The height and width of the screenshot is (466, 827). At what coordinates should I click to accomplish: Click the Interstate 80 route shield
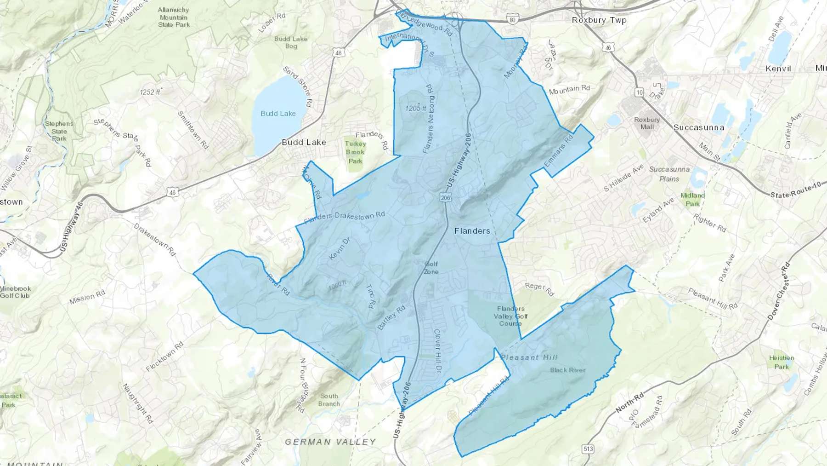point(513,19)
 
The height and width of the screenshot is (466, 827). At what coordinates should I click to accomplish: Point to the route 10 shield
point(639,92)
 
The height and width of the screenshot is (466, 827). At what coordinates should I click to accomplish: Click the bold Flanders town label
point(472,231)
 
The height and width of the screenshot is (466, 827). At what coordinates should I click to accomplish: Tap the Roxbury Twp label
point(599,20)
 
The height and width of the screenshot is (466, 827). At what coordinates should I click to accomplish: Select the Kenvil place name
point(778,69)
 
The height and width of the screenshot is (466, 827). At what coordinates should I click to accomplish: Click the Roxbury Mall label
point(647,123)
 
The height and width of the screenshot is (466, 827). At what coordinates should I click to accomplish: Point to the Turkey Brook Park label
point(355,152)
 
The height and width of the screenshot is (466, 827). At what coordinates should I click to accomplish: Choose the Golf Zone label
point(431,268)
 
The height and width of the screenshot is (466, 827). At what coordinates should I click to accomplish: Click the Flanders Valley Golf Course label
point(510,316)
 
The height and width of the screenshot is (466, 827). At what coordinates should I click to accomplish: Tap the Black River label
point(568,370)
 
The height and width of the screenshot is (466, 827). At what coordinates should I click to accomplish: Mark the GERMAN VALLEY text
point(330,442)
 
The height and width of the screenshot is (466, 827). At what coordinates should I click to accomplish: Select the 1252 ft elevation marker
point(150,92)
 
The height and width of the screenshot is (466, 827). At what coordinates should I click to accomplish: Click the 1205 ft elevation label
point(415,108)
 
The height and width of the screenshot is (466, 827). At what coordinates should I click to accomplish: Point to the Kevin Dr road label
point(340,248)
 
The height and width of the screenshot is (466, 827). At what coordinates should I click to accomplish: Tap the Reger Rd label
point(539,289)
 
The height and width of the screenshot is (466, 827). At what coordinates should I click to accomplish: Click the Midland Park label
point(692,200)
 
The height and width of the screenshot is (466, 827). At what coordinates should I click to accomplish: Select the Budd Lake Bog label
point(291,42)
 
